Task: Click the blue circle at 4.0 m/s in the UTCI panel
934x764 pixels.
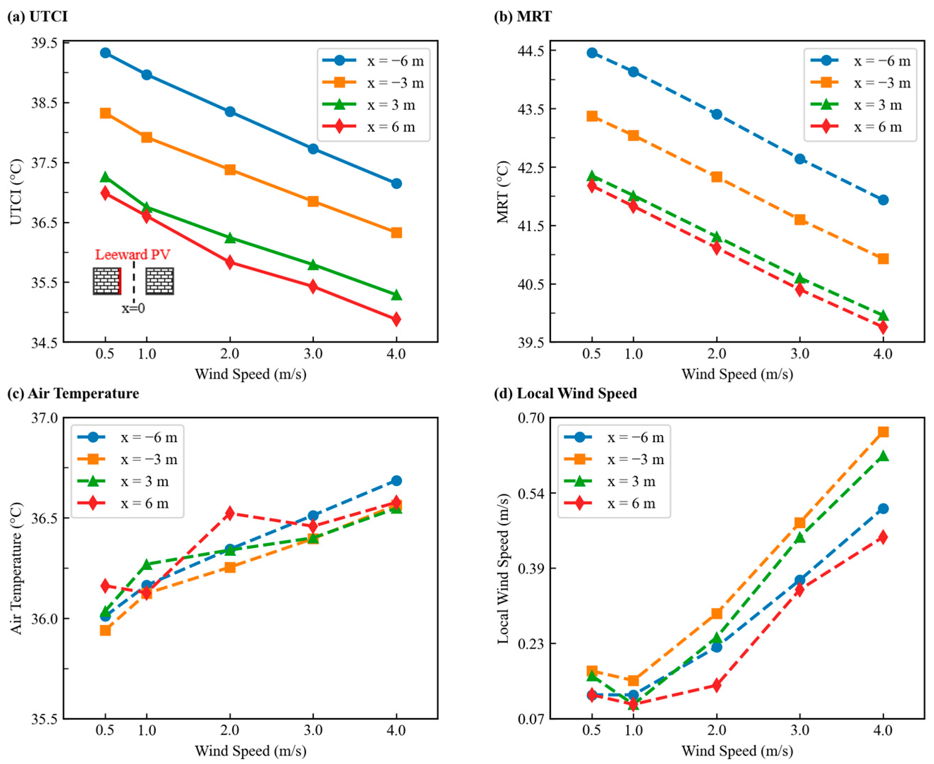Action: pos(396,184)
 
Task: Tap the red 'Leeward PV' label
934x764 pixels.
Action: pos(133,255)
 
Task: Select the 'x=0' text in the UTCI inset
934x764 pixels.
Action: pos(133,308)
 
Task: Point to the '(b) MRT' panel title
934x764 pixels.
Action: pos(522,17)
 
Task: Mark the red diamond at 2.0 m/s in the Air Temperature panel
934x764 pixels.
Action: pos(230,513)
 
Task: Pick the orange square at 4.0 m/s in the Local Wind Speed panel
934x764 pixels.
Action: pos(883,432)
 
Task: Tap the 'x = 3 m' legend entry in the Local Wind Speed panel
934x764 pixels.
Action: pos(631,481)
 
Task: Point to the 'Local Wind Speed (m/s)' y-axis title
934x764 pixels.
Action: pos(503,569)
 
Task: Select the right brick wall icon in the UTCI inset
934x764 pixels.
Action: pos(159,281)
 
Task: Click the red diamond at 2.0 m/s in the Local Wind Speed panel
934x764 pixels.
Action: pos(716,685)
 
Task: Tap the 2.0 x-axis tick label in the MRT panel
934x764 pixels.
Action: pos(716,354)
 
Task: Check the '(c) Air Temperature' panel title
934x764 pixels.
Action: pos(73,393)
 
